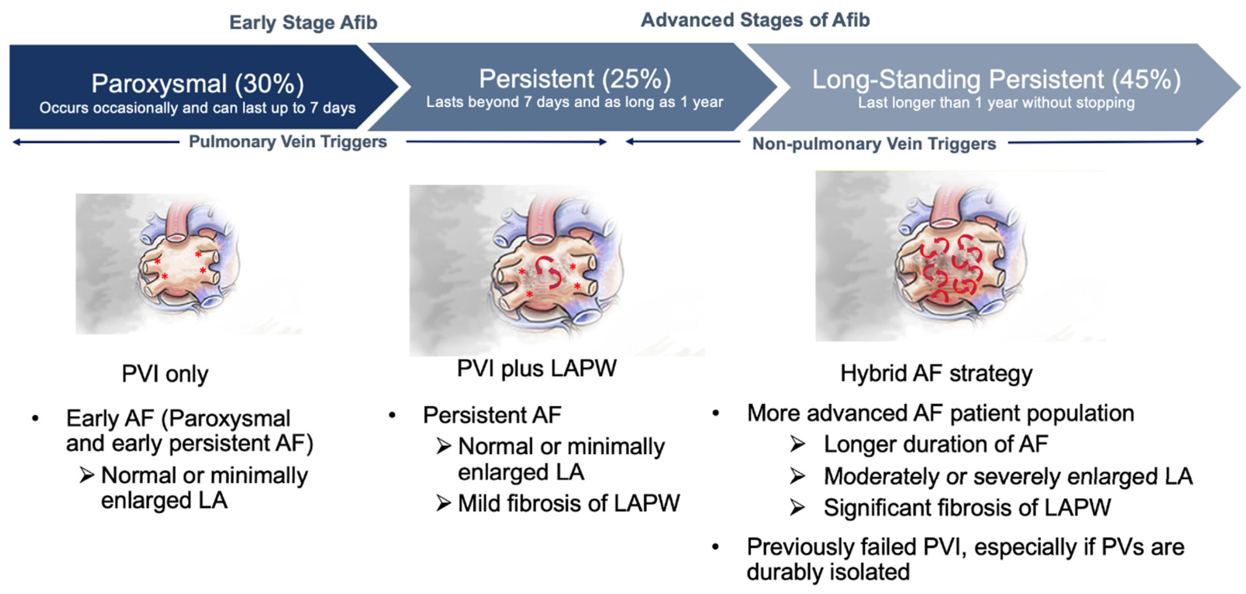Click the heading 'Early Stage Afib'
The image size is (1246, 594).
(x=303, y=23)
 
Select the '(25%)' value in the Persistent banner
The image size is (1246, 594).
(x=637, y=79)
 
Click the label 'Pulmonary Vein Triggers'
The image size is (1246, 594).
(x=288, y=142)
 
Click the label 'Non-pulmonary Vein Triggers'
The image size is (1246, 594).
(x=874, y=144)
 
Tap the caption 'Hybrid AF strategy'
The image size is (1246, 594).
(x=936, y=373)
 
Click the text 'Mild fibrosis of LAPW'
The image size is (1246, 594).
(x=569, y=503)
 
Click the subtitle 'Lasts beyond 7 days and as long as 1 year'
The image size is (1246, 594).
(x=575, y=102)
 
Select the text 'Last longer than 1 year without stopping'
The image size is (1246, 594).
(x=996, y=103)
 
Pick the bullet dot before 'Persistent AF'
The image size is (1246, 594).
(x=392, y=415)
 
